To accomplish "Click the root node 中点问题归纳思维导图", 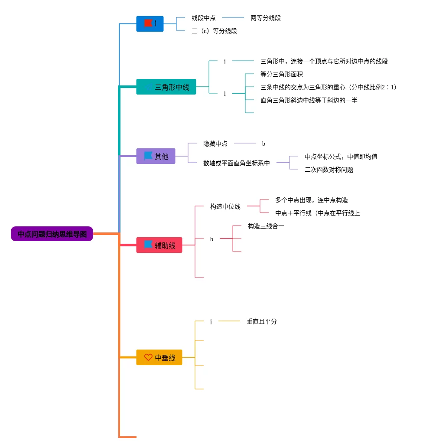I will coord(52,234).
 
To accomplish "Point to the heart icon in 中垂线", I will coord(148,357).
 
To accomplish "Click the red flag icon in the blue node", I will coord(148,23).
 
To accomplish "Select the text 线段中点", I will coord(204,18).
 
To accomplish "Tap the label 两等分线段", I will coord(266,18).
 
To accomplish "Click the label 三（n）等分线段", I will coord(215,31).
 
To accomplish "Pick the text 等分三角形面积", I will coord(282,75).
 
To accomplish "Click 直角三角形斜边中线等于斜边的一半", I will coord(309,101).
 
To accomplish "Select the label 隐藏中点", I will coord(215,144).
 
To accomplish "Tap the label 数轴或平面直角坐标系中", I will coord(237,164).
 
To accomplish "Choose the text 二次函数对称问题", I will coord(329,170).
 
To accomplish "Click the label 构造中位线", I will coord(225,207).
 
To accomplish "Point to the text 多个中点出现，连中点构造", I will coord(312,200).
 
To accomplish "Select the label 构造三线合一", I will coord(266,226).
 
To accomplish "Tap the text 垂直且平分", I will coord(262,322).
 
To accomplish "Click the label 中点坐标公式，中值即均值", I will coord(341,157).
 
